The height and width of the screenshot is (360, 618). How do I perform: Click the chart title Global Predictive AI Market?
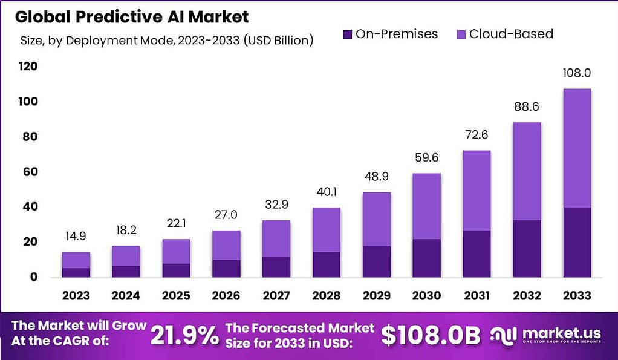(x=132, y=16)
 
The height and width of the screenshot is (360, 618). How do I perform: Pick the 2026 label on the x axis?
(x=226, y=295)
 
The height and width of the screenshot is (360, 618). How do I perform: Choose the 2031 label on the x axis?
(x=476, y=295)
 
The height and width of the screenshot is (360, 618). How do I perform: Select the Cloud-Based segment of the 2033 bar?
(x=576, y=148)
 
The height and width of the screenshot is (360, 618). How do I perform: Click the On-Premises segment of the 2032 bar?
(x=526, y=249)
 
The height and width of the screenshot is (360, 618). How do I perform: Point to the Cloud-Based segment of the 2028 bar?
(x=325, y=230)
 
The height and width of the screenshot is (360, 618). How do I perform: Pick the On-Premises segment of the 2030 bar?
(x=426, y=258)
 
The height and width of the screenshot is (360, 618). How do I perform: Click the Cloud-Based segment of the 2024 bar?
(x=126, y=256)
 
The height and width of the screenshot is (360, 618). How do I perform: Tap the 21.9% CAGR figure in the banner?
(x=184, y=335)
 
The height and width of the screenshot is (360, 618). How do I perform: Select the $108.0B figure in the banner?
(x=431, y=335)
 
